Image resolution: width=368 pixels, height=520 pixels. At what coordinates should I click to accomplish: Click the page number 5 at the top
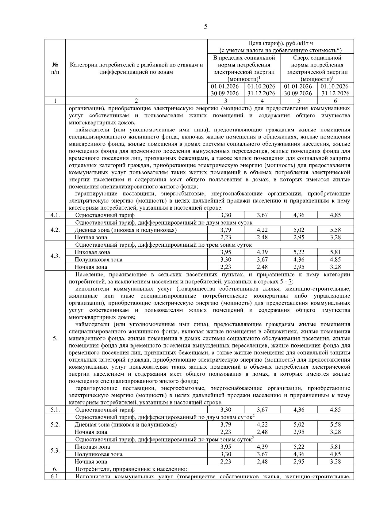click(x=205, y=27)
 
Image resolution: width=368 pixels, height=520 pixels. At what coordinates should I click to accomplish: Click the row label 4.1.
click(x=55, y=215)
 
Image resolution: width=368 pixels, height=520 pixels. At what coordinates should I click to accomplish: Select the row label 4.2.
click(x=55, y=230)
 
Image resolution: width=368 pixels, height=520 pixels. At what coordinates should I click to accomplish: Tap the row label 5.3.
click(x=55, y=451)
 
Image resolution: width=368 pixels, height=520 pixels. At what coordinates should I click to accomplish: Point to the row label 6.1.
click(x=55, y=476)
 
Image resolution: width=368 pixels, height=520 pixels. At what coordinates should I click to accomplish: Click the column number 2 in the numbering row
click(x=136, y=101)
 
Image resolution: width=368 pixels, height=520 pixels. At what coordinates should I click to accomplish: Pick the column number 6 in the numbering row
click(x=335, y=101)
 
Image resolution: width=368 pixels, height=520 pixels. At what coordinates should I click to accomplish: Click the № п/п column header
click(x=55, y=68)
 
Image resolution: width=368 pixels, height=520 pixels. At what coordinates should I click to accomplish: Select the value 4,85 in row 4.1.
click(x=335, y=215)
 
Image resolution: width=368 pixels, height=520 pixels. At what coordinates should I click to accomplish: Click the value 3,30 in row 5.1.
click(x=226, y=410)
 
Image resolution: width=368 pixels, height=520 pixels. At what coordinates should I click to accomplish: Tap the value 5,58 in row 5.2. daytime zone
click(x=335, y=424)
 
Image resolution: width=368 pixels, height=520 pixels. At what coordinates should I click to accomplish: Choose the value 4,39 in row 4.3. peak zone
click(x=262, y=252)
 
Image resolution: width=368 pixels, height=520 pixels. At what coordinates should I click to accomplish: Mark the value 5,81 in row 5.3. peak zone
click(x=335, y=447)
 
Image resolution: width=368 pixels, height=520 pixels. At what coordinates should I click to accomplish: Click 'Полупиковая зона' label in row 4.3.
click(x=98, y=260)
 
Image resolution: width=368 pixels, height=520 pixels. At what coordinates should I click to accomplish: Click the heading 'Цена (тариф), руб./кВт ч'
click(x=280, y=43)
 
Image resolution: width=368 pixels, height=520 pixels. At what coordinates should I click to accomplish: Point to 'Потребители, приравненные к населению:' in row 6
click(x=131, y=469)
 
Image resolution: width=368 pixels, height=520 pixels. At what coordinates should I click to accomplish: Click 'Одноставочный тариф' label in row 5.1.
click(x=105, y=410)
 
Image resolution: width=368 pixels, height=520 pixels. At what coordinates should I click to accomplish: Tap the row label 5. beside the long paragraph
click(x=55, y=338)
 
